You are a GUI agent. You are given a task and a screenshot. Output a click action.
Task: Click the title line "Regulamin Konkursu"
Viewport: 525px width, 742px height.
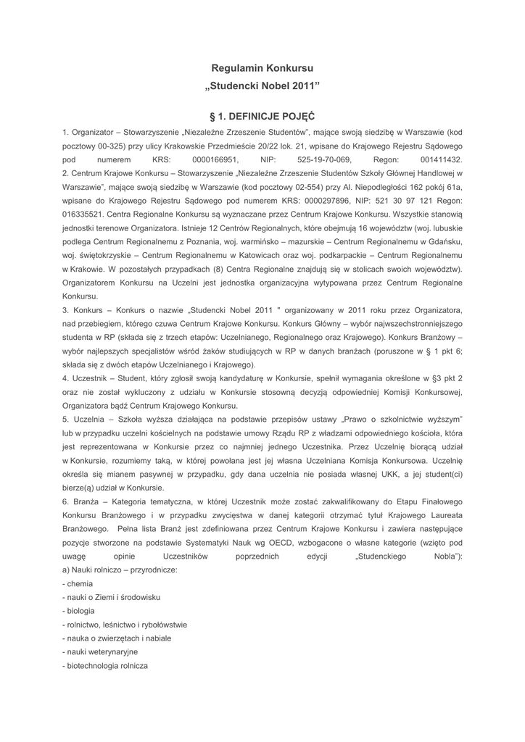tap(262, 68)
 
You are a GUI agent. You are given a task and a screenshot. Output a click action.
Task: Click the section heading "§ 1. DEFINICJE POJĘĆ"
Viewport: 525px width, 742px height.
tap(262, 116)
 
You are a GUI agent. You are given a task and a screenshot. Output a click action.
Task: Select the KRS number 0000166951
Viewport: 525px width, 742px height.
tap(215, 159)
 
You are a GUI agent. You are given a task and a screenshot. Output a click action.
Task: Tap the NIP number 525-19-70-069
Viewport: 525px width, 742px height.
tap(324, 159)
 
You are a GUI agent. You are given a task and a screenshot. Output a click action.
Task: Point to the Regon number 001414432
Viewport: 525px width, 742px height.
tap(441, 159)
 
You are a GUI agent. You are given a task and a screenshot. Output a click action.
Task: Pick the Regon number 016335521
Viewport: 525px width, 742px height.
tap(83, 214)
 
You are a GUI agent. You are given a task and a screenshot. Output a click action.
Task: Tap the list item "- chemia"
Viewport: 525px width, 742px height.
tap(78, 583)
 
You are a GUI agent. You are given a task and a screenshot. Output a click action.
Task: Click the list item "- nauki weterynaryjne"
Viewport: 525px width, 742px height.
tap(100, 651)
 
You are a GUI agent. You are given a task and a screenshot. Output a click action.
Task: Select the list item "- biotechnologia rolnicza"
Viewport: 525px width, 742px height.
tap(106, 665)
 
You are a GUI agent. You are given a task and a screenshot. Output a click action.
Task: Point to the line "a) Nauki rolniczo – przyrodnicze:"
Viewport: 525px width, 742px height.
tap(120, 570)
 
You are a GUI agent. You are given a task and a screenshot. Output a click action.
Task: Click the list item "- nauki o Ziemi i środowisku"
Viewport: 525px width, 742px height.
tap(112, 597)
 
